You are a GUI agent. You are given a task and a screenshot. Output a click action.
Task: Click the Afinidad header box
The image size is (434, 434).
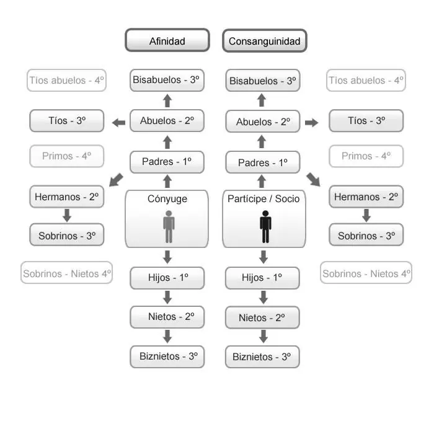click(x=167, y=41)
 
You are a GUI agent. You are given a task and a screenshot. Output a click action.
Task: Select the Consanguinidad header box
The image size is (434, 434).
click(x=264, y=41)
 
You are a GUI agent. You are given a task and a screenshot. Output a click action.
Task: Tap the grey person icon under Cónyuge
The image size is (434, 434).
click(x=169, y=227)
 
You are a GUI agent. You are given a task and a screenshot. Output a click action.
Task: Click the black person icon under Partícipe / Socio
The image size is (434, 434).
click(x=265, y=227)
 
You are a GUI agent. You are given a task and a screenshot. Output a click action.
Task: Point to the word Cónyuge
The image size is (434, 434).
click(x=167, y=199)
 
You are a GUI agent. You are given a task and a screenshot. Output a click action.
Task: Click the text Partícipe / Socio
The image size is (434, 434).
click(x=263, y=199)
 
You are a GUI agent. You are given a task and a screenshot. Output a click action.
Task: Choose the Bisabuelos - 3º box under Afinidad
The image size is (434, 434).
click(x=167, y=80)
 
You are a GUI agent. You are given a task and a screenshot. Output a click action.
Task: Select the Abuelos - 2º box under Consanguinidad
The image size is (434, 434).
click(x=263, y=122)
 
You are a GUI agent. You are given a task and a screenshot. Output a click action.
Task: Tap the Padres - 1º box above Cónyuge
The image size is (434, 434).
click(x=167, y=162)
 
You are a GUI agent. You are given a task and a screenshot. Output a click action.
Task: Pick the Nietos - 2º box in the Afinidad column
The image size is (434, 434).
click(x=167, y=317)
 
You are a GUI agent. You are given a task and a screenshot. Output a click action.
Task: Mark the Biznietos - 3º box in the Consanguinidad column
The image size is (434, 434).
click(x=262, y=356)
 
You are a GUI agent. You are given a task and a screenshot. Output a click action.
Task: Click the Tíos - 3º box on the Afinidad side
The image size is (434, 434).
click(x=67, y=120)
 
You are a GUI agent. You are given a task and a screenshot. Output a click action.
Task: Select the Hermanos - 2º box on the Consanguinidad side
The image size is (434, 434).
click(x=366, y=197)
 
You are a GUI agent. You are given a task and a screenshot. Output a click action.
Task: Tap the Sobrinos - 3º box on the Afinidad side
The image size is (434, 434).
click(x=67, y=236)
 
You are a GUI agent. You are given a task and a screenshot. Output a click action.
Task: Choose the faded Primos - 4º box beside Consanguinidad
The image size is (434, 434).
click(x=366, y=156)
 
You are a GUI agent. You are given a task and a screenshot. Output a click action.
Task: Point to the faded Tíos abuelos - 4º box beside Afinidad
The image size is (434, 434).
click(x=67, y=81)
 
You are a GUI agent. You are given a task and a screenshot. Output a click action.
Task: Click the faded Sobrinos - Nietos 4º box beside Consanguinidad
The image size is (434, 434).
click(x=366, y=273)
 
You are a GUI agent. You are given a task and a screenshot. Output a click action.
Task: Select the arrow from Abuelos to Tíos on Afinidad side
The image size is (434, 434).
click(x=118, y=122)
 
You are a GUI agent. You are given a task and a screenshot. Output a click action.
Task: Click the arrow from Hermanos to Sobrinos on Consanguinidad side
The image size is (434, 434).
click(x=366, y=216)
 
